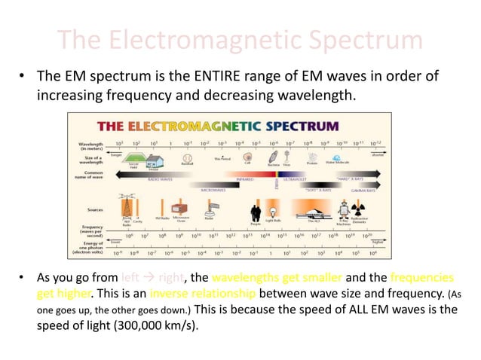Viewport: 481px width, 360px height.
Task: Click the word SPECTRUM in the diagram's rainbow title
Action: coord(298,125)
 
